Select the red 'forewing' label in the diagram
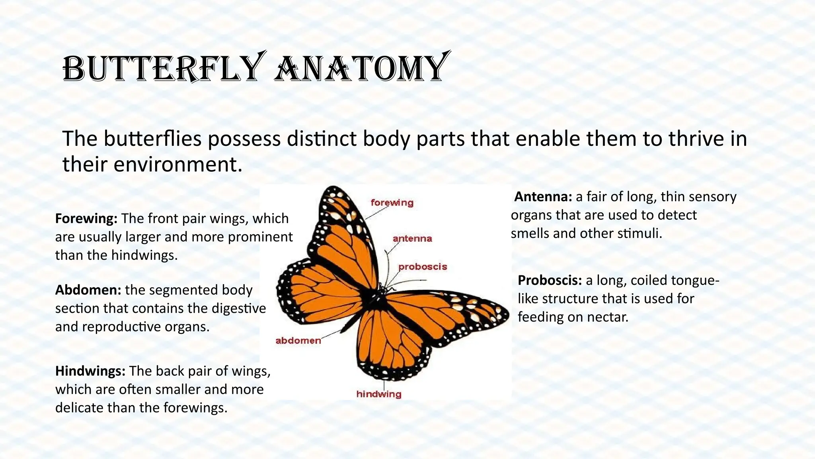(x=392, y=202)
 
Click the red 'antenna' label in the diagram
(x=412, y=238)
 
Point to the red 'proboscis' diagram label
(x=423, y=267)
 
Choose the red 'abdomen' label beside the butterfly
(x=298, y=340)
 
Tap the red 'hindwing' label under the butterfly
(x=379, y=394)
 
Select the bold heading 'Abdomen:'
(x=88, y=290)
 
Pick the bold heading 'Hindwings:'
(x=90, y=371)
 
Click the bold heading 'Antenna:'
(x=543, y=196)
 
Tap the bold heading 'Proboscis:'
(x=550, y=280)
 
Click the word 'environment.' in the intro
(x=178, y=164)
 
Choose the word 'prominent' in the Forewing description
(x=260, y=237)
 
